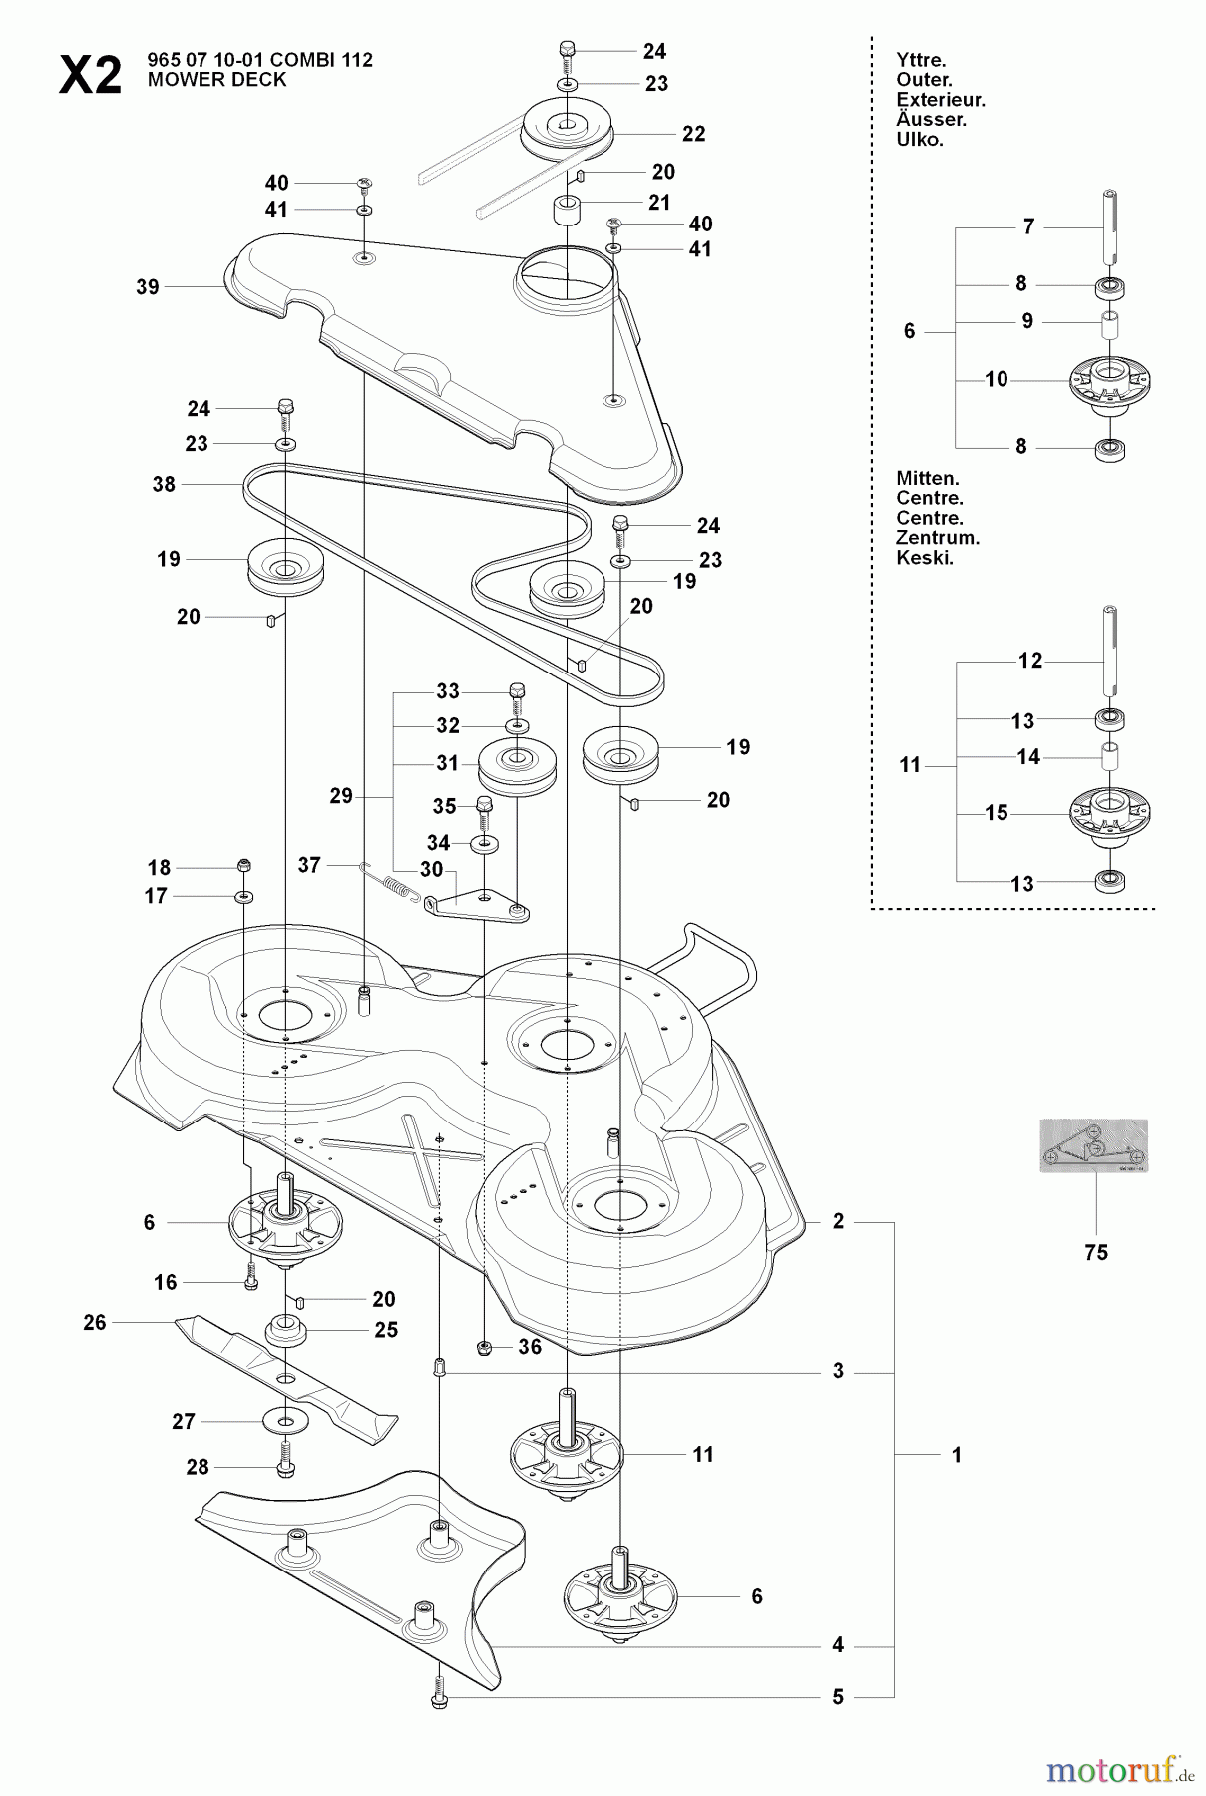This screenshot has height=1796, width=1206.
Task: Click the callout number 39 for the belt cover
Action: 147,287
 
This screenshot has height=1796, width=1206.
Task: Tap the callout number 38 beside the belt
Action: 164,484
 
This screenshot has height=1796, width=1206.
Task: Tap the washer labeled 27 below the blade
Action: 287,1420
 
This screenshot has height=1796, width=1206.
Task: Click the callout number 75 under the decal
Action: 1095,1252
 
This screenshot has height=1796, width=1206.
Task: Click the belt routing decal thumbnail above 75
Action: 1093,1145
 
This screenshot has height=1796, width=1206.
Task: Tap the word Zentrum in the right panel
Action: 938,538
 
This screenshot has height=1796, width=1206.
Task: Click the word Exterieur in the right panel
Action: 941,100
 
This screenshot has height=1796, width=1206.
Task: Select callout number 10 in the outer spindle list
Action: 997,379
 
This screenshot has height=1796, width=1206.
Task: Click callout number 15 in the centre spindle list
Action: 997,813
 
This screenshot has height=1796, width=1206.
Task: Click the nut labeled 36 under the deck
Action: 485,1348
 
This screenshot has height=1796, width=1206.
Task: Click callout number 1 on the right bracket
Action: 956,1456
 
